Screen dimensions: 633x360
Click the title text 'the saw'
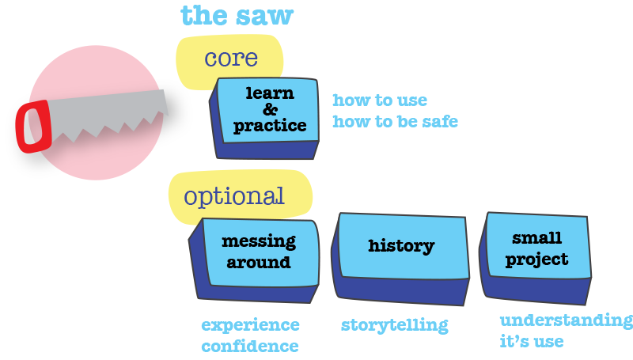click(x=237, y=16)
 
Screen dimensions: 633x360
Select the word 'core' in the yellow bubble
click(x=231, y=59)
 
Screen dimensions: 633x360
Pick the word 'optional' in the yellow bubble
click(x=234, y=196)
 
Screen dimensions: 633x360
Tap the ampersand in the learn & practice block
click(x=270, y=109)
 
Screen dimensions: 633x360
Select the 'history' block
click(x=400, y=259)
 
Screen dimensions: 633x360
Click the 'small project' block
click(x=536, y=258)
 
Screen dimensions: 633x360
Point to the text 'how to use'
click(x=380, y=100)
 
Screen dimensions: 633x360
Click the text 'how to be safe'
click(x=395, y=122)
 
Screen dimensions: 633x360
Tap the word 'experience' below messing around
click(x=250, y=325)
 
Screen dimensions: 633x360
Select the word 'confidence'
click(x=250, y=347)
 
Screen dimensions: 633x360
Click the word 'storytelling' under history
click(x=394, y=325)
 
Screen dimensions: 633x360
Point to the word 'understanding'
click(x=567, y=321)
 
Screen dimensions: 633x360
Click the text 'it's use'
click(x=532, y=342)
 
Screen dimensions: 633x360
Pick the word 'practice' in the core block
click(x=270, y=126)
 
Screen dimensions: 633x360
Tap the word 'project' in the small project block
click(x=537, y=260)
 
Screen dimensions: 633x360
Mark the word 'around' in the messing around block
click(x=259, y=263)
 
